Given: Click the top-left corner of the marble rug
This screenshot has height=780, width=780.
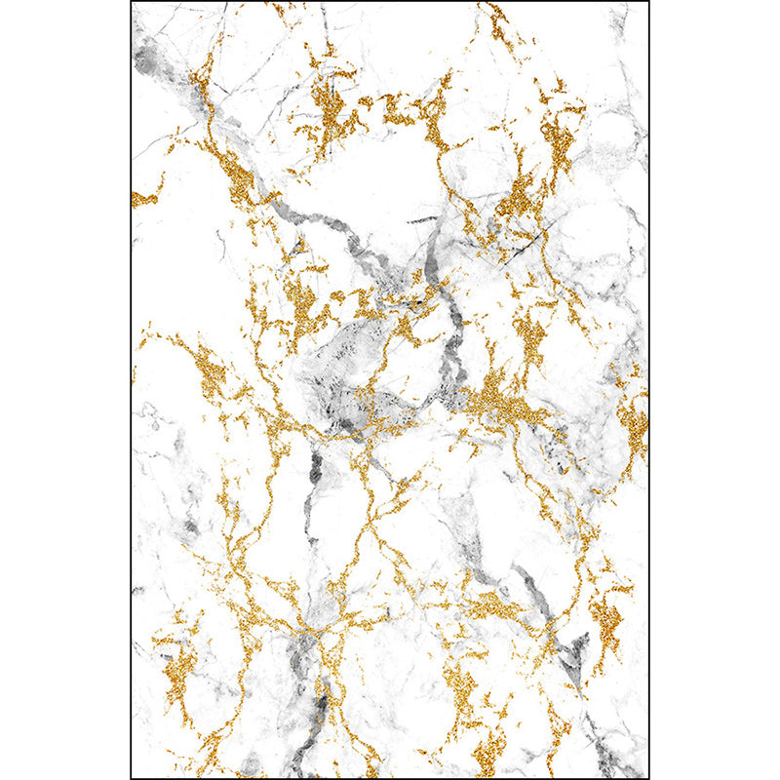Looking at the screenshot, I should pos(132,3).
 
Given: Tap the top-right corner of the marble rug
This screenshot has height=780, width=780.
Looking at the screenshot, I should pos(647,3).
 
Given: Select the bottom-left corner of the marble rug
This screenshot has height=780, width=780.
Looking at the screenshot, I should pos(132,777).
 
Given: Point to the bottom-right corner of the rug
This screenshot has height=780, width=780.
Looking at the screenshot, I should pos(647,777).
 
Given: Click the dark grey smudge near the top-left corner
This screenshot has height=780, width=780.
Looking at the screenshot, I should pos(148,60).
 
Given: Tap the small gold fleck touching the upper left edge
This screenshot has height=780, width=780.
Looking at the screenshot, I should pos(142,199).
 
